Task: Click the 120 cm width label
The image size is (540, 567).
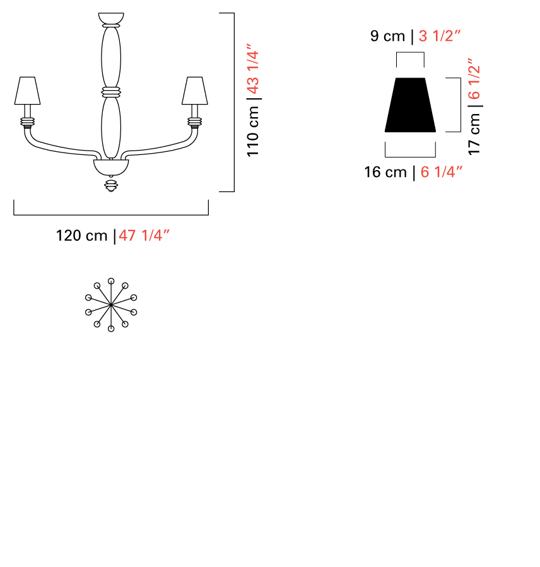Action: (81, 236)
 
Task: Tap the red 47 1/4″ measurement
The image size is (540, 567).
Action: (144, 235)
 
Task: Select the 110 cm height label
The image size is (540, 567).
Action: (253, 132)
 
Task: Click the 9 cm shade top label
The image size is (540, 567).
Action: (387, 36)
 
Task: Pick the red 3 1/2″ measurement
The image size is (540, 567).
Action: (440, 36)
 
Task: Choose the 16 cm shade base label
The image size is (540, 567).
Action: (385, 172)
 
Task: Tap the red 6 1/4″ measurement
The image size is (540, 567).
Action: (442, 172)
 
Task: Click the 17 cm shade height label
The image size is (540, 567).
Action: (474, 134)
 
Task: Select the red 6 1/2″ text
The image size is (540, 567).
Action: (474, 79)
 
